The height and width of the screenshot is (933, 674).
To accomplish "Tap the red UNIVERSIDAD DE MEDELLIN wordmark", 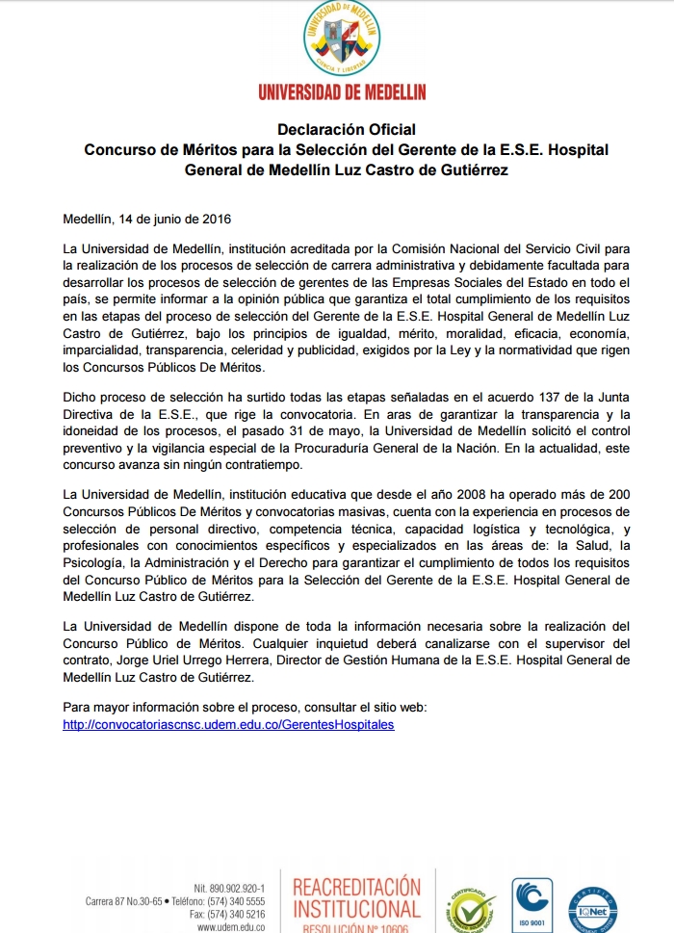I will [342, 91].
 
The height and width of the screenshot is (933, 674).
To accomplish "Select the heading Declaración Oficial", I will [347, 129].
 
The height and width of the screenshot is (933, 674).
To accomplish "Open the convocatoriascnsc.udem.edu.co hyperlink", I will [228, 724].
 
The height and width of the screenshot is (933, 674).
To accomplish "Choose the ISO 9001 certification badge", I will [531, 903].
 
